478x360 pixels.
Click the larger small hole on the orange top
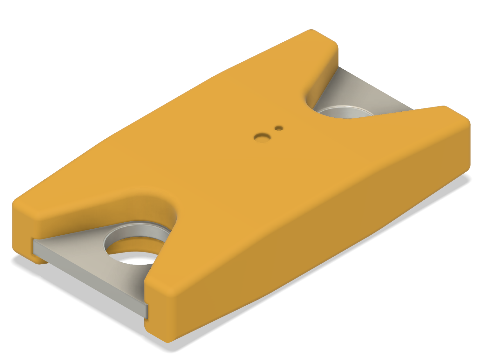[x=262, y=137]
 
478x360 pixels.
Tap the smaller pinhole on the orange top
[x=279, y=128]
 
